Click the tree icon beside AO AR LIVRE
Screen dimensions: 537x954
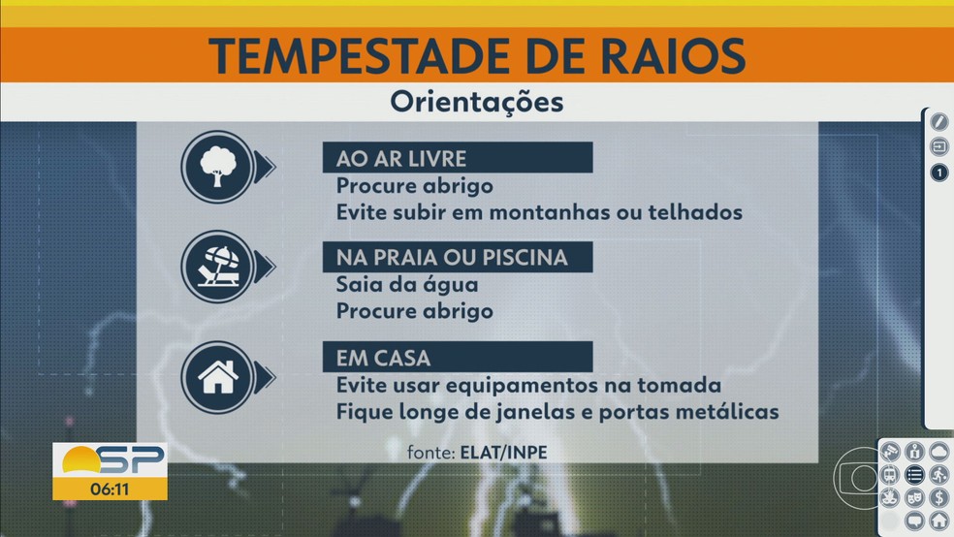(x=217, y=167)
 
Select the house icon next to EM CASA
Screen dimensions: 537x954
(x=217, y=379)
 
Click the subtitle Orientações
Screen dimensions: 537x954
(x=476, y=102)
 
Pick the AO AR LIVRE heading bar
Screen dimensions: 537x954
(x=457, y=158)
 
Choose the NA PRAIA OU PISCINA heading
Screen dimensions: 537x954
(x=457, y=258)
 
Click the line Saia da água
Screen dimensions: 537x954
(x=407, y=285)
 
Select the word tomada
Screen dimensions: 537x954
(x=680, y=385)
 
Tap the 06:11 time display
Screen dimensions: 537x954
(x=110, y=486)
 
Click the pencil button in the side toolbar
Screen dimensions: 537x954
(x=938, y=121)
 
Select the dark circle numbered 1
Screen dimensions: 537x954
(x=938, y=174)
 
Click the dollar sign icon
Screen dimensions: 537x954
(x=938, y=497)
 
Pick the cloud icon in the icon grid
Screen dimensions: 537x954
(x=938, y=452)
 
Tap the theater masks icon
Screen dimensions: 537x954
(x=913, y=497)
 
